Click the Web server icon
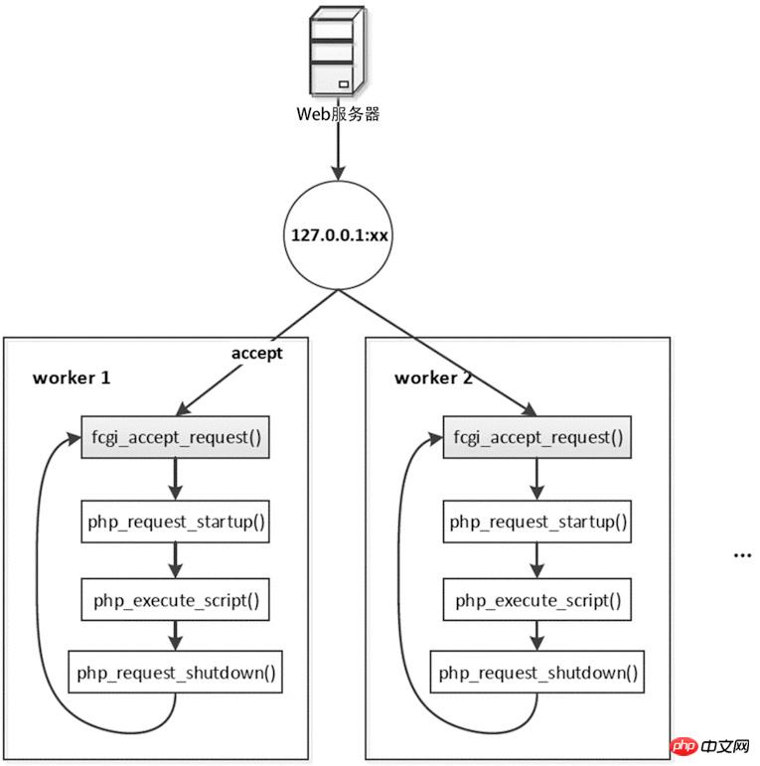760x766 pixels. pos(339,51)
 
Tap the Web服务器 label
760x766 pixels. pos(339,113)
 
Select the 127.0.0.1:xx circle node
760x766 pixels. pos(339,236)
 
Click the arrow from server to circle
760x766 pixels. pos(339,154)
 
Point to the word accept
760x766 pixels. pos(257,353)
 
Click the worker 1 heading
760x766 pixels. pos(72,379)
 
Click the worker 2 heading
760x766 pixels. pos(434,379)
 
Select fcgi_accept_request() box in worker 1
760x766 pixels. pos(175,437)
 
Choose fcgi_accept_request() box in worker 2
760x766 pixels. pos(537,437)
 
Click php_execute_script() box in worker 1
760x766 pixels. pos(175,600)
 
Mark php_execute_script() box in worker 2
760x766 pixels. pos(537,600)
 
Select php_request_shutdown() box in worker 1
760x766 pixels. pos(175,673)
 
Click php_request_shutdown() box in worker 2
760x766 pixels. pos(537,673)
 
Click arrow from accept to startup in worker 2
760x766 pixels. pos(537,480)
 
